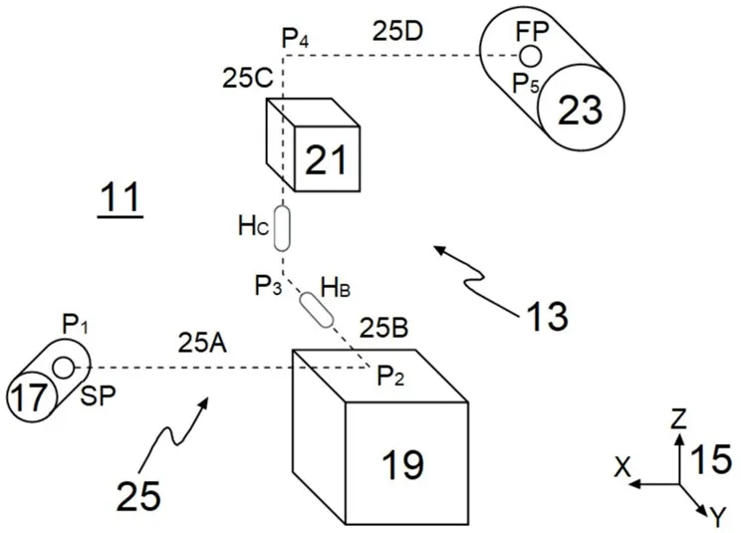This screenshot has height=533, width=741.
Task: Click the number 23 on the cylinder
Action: (580, 110)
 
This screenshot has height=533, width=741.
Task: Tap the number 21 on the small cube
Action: (326, 159)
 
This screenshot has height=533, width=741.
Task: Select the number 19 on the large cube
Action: (402, 464)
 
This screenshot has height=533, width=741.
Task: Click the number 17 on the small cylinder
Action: (29, 398)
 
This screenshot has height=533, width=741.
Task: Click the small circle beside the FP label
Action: (530, 56)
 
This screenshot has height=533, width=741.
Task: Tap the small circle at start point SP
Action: (64, 368)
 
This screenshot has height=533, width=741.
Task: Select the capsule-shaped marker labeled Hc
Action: (282, 228)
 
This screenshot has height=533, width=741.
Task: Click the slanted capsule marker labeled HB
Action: (317, 310)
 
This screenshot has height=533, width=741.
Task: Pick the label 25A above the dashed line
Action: (203, 344)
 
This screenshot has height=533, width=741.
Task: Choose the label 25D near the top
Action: (397, 32)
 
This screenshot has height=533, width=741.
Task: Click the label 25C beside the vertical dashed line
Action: (248, 79)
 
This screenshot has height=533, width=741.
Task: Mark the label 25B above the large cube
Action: (384, 329)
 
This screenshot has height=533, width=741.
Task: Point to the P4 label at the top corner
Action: (296, 39)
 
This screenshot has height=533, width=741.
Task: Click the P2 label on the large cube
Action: (390, 377)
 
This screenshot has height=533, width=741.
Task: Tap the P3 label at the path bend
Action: (269, 286)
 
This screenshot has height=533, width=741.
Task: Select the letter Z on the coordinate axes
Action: (679, 419)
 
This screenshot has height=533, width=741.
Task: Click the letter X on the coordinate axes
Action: (622, 469)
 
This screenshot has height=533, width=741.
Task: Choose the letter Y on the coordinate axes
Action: (718, 517)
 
